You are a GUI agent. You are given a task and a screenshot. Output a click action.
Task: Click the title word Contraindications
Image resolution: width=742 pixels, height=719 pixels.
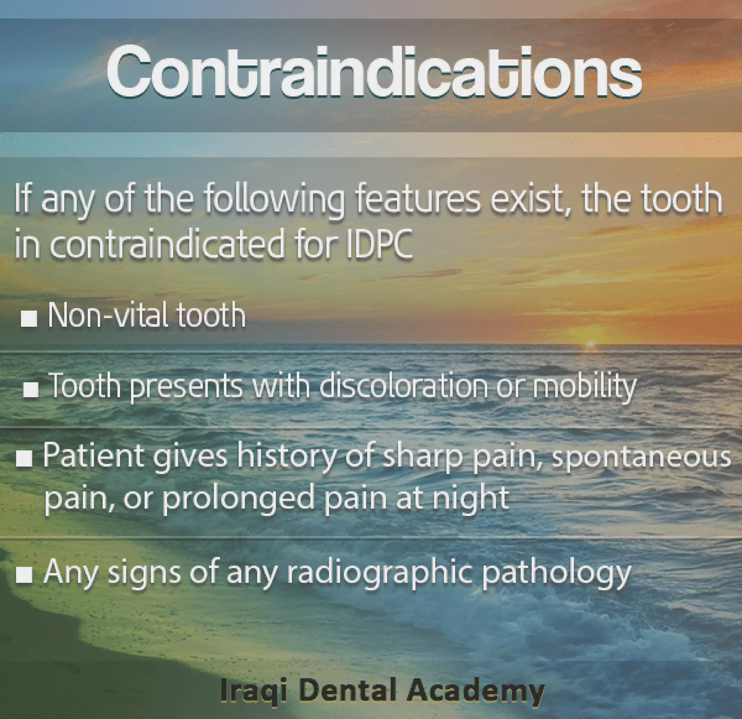click(x=374, y=72)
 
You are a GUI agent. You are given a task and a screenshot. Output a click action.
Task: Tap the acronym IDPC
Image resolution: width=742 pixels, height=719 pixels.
click(x=379, y=243)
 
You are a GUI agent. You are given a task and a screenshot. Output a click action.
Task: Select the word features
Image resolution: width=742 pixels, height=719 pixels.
click(x=417, y=199)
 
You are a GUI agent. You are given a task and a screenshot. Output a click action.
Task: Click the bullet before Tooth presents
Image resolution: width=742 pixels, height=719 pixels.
click(x=31, y=389)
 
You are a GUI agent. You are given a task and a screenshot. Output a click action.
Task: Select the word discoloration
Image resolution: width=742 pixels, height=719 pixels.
click(x=404, y=386)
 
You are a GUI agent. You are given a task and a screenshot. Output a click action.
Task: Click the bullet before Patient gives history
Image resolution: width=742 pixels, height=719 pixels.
click(x=24, y=459)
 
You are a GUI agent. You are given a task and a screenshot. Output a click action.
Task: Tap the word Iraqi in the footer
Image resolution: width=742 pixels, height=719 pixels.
click(x=253, y=690)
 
